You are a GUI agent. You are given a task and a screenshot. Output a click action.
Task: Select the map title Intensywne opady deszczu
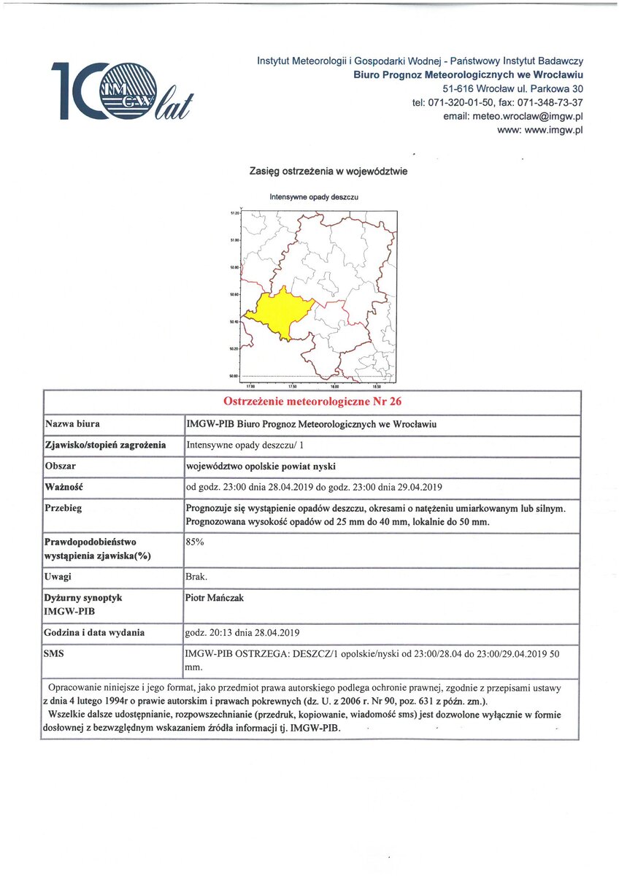314,197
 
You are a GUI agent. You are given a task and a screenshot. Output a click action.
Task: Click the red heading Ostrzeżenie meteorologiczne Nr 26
312,401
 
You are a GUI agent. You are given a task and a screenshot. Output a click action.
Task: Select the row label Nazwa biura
73,423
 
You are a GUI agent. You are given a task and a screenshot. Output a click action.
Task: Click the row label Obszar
61,465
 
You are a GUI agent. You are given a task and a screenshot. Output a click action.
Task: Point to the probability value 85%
195,542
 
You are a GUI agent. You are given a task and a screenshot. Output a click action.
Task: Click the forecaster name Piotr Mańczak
215,598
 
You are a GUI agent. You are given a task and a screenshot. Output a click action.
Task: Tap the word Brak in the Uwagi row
197,577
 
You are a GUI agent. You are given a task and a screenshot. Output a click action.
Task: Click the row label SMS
55,653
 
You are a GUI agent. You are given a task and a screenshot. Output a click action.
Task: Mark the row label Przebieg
65,507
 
